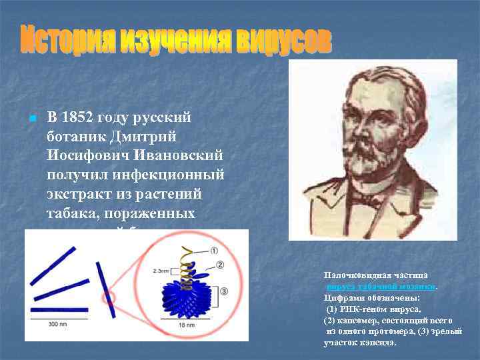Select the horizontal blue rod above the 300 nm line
tap(59, 310)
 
